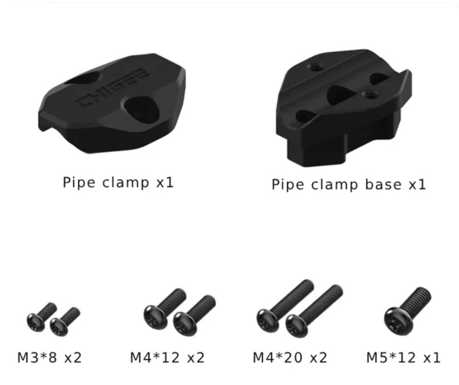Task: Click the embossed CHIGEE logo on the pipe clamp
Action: point(112,88)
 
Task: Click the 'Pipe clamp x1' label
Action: point(118,183)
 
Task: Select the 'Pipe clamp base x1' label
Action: point(349,184)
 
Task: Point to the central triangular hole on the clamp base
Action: point(341,93)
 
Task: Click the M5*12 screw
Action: point(407,311)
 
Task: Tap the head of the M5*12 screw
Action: point(398,320)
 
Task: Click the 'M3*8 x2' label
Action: point(50,357)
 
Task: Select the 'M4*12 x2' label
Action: point(167,357)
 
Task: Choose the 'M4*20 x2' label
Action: point(290,357)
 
